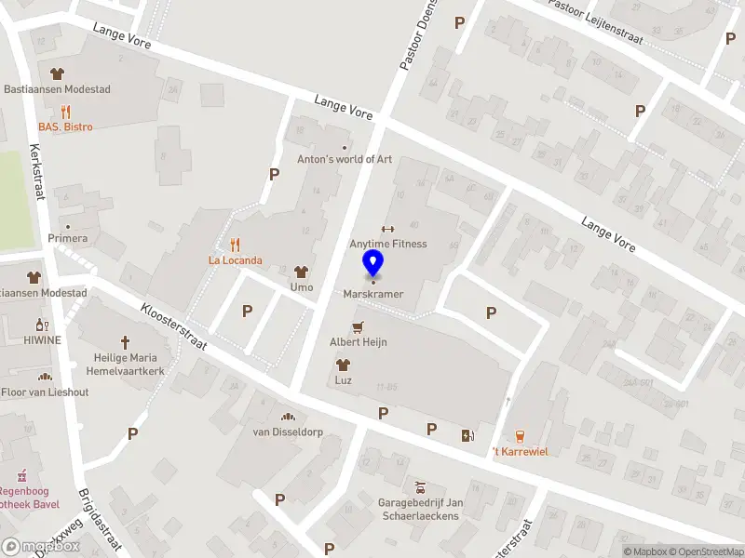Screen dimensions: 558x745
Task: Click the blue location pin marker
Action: (x=373, y=264)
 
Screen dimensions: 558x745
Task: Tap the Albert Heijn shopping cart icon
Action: (x=358, y=327)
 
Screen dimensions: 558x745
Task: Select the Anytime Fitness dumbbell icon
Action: (x=388, y=229)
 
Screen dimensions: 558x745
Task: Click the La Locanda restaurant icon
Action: (x=235, y=246)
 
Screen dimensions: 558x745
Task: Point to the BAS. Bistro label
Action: (x=65, y=126)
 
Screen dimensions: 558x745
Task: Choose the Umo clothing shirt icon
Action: (x=301, y=272)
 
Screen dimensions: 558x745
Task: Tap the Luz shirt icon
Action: (x=343, y=365)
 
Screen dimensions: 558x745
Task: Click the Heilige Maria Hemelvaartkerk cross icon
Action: (x=126, y=343)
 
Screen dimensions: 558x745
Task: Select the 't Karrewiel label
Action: (x=520, y=452)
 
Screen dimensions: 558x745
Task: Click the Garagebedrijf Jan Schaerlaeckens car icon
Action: (x=419, y=487)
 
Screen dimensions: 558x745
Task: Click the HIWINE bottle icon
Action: (x=42, y=325)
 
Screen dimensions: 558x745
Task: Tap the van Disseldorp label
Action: (x=287, y=432)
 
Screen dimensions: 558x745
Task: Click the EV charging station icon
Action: (x=467, y=435)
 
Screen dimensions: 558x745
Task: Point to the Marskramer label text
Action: (x=372, y=294)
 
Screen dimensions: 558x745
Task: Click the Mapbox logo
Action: (x=41, y=546)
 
